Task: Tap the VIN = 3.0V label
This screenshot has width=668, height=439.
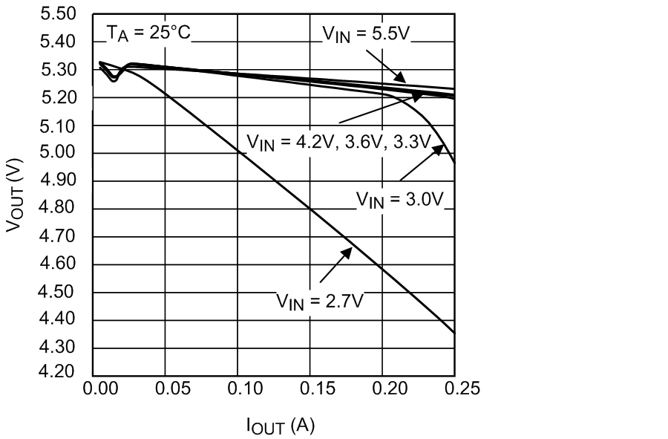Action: coord(399,199)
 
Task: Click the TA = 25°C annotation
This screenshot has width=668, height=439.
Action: coord(148,33)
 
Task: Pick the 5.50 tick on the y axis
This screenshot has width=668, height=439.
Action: coord(60,14)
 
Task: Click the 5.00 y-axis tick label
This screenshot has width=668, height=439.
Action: coord(60,154)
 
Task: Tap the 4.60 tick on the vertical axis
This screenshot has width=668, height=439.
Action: coord(60,264)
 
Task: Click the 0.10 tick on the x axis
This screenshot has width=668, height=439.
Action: coord(238,388)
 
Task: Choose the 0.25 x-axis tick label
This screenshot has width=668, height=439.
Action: coord(454,388)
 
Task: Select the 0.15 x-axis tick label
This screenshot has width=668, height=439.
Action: coord(310,388)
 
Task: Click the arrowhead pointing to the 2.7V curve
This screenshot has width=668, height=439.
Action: coord(346,253)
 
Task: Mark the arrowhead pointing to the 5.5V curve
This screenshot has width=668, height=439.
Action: coord(400,77)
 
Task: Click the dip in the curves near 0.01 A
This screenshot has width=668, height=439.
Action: coord(113,78)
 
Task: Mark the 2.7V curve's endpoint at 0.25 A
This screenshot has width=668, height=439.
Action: coord(453,333)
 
